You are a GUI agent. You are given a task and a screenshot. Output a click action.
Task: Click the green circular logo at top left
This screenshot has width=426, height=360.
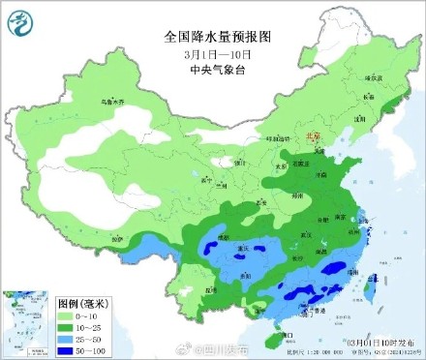pos(22,24)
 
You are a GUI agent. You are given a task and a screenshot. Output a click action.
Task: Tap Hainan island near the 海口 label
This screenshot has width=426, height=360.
pos(274,338)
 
